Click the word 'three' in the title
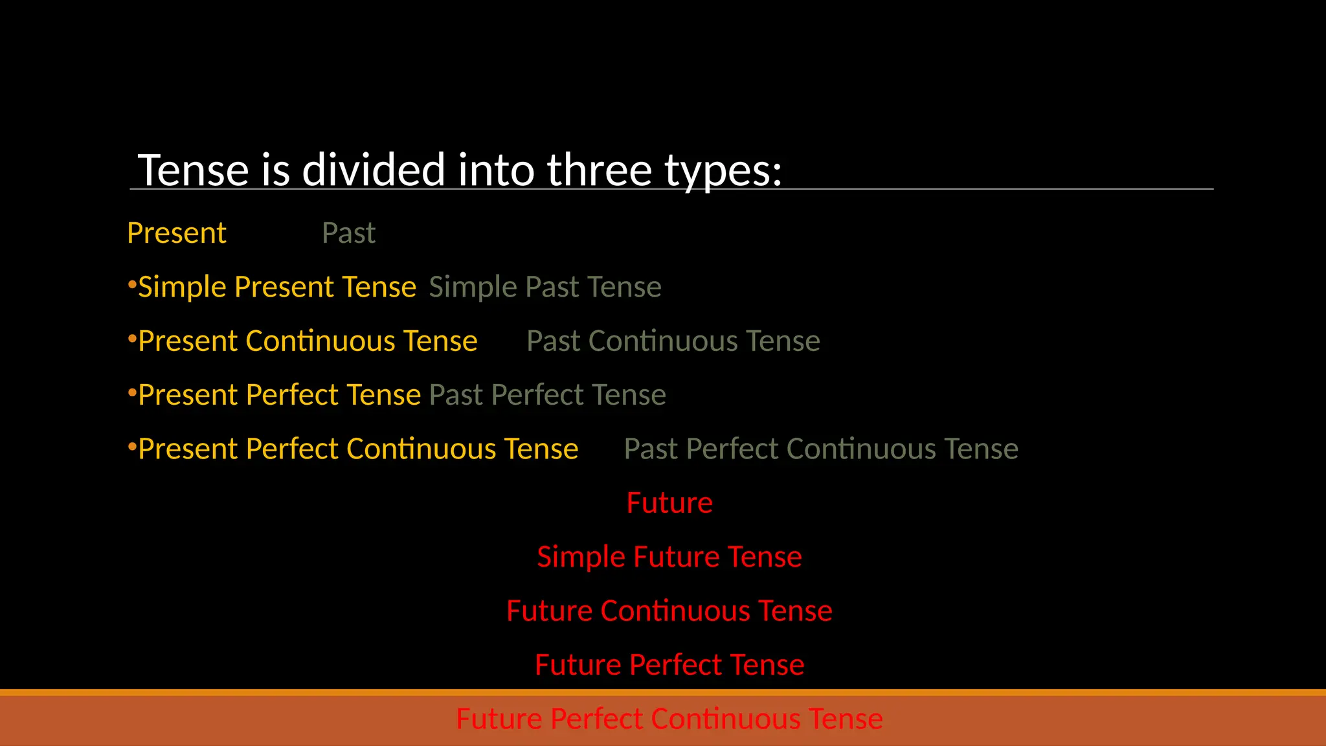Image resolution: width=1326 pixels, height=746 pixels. click(x=599, y=170)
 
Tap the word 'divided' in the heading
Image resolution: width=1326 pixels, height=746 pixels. click(x=374, y=170)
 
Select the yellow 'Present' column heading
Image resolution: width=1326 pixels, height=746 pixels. click(x=177, y=233)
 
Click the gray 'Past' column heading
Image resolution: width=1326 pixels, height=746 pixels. click(x=348, y=233)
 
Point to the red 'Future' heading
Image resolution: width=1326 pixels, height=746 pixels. click(x=669, y=503)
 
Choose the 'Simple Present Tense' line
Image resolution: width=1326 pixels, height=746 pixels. click(x=277, y=287)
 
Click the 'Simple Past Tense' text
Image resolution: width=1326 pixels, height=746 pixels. click(x=545, y=287)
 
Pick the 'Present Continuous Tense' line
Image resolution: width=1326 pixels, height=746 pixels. click(x=308, y=341)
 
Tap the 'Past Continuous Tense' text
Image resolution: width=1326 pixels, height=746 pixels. click(x=673, y=341)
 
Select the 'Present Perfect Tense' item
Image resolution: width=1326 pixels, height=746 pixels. click(x=279, y=395)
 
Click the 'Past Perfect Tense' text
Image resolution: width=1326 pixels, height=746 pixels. click(x=547, y=395)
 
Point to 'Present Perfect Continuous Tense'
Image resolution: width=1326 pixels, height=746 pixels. click(x=358, y=449)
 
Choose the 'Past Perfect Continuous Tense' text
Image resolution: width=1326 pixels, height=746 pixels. click(x=821, y=449)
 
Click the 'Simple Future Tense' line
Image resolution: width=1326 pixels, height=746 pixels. click(x=669, y=557)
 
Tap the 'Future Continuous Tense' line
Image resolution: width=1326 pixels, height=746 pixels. click(x=669, y=611)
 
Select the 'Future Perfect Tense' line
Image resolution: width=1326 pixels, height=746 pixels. click(x=669, y=665)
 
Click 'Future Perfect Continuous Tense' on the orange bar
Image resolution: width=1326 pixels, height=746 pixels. click(x=669, y=719)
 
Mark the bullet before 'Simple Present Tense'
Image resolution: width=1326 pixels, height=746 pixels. click(x=131, y=285)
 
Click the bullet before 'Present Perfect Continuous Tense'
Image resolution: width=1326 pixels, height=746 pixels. click(x=131, y=447)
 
